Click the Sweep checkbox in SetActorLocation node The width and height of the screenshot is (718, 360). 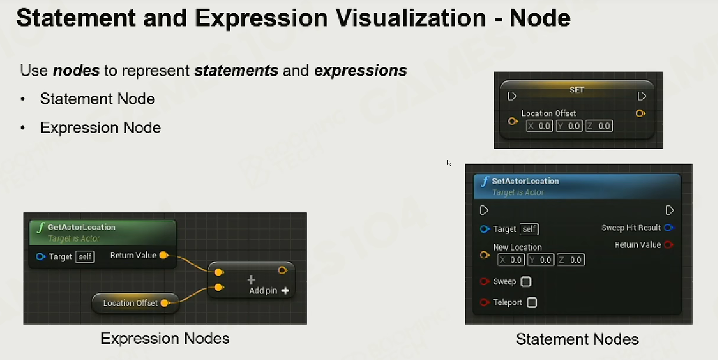click(526, 282)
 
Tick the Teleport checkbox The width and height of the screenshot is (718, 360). click(532, 302)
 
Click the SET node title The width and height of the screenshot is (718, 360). click(577, 90)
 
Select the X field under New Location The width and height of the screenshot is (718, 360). click(511, 260)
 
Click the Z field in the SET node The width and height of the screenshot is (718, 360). click(599, 126)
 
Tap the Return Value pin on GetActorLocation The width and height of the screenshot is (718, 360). click(164, 255)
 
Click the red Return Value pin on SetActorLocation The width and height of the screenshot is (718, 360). click(669, 245)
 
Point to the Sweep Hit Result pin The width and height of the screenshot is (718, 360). click(669, 228)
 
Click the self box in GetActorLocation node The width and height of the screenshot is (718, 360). click(85, 256)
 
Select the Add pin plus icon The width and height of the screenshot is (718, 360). click(285, 291)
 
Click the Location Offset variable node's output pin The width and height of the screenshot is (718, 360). click(165, 303)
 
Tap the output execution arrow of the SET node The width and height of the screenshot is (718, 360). click(641, 96)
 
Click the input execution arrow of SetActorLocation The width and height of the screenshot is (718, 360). click(484, 211)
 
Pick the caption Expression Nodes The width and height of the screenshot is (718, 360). click(165, 339)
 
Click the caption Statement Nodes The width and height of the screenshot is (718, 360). click(577, 339)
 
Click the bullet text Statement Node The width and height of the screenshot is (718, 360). click(98, 99)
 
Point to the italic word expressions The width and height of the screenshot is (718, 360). click(361, 71)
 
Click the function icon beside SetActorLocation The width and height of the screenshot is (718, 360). click(485, 182)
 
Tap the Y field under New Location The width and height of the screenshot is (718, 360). click(541, 260)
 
